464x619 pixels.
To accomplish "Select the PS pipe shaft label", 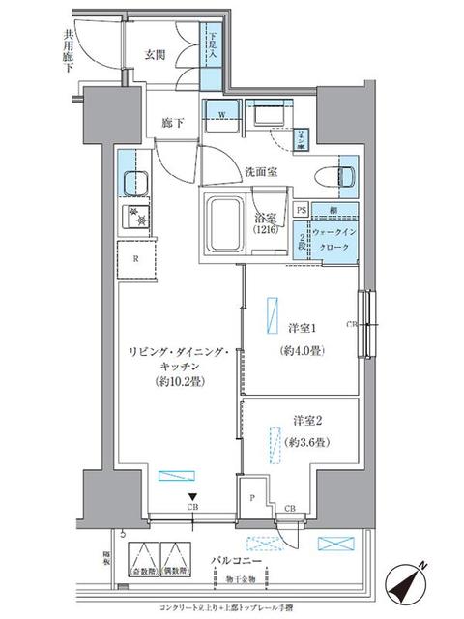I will [302, 210].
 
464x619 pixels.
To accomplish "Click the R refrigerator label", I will [135, 258].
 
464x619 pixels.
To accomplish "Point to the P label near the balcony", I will [252, 498].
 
